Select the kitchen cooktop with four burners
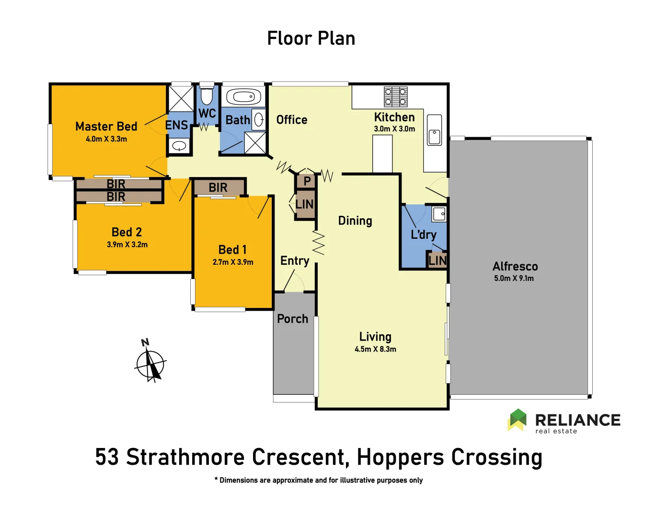(396, 96)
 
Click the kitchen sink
(434, 137)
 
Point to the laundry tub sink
(439, 214)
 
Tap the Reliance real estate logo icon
(517, 420)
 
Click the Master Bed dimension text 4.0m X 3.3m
(106, 139)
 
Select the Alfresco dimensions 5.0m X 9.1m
(514, 278)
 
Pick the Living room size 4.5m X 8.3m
(375, 349)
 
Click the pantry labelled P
(306, 181)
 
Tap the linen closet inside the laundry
(437, 260)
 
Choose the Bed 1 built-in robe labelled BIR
(219, 188)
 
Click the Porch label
(292, 318)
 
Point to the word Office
(292, 120)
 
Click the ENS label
(176, 125)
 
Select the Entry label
(295, 260)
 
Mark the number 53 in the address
(107, 457)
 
